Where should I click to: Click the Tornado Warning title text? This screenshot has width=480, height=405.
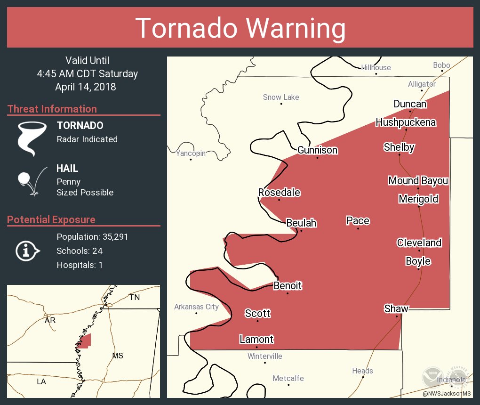[x=240, y=28]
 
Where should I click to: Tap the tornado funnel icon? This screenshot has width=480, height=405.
[x=32, y=138]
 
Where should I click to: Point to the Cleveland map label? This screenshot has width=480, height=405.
[x=419, y=243]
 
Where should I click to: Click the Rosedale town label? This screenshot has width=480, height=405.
[x=279, y=193]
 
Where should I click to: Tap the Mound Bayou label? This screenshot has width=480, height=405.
[x=418, y=181]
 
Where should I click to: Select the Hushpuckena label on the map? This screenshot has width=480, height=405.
[x=406, y=123]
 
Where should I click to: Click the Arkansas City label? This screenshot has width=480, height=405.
[x=196, y=307]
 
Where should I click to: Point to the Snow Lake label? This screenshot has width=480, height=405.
[x=281, y=97]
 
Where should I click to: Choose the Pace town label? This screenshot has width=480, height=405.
[x=358, y=221]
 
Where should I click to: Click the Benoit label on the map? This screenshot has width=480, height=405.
[x=288, y=286]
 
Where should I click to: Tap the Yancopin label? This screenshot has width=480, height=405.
[x=191, y=154]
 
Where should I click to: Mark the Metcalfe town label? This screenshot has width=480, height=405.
[x=288, y=379]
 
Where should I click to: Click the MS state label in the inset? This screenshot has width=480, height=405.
[x=118, y=356]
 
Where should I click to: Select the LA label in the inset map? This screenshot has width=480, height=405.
[x=41, y=381]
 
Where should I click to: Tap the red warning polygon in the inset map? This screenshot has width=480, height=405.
[x=86, y=340]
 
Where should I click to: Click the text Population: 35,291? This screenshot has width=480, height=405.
[x=92, y=236]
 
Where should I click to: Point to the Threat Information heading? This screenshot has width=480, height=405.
[x=52, y=109]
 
